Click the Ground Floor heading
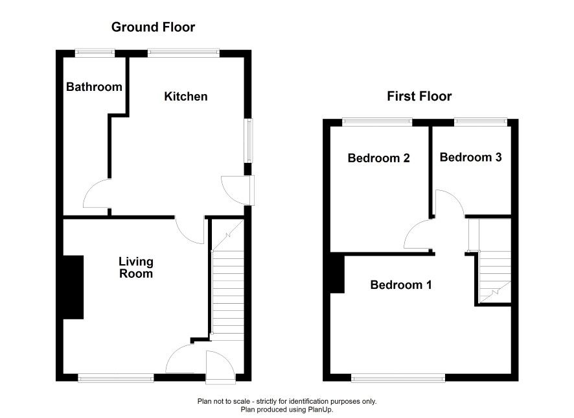(153, 27)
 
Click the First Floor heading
(419, 96)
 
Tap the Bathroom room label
(94, 87)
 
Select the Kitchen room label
(185, 97)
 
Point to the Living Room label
(136, 267)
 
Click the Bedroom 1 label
(401, 285)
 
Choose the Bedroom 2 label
(378, 158)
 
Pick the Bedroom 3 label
(470, 157)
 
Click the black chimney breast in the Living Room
(73, 287)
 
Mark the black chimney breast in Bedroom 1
(337, 275)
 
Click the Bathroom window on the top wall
(95, 53)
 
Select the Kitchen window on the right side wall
(249, 140)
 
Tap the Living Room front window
(116, 378)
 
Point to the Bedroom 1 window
(398, 378)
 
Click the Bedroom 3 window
(481, 123)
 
